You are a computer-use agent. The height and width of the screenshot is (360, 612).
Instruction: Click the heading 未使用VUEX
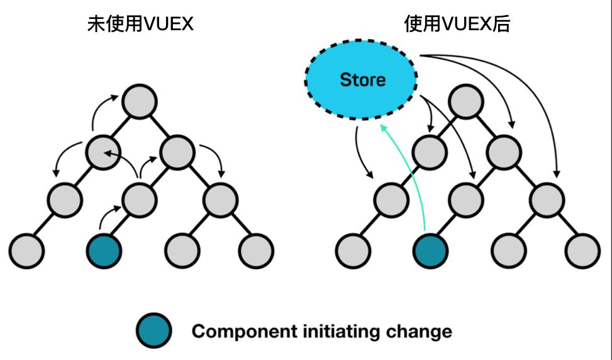pos(140,25)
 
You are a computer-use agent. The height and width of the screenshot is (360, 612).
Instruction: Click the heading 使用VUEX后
pos(457,25)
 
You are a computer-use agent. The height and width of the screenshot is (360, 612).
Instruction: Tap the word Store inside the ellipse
pos(362,80)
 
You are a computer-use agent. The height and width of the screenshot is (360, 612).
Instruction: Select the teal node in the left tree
pos(103,250)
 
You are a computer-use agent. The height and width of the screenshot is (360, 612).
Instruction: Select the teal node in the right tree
pos(431,250)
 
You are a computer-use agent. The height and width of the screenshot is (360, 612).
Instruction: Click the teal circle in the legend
pos(154,331)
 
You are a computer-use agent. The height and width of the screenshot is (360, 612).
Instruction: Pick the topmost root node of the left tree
pos(138,100)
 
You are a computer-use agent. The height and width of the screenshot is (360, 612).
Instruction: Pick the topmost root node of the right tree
pos(466,100)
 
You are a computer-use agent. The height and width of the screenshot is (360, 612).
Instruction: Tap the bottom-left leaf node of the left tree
pos(26,250)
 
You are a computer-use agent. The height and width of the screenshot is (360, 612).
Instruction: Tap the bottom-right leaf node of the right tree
pos(582,250)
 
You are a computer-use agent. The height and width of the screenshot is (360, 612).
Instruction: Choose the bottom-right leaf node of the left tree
pos(256,250)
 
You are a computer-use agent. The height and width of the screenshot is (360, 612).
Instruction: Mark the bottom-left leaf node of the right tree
pos(353,250)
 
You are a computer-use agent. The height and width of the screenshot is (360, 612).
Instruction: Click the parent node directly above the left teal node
pos(138,200)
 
